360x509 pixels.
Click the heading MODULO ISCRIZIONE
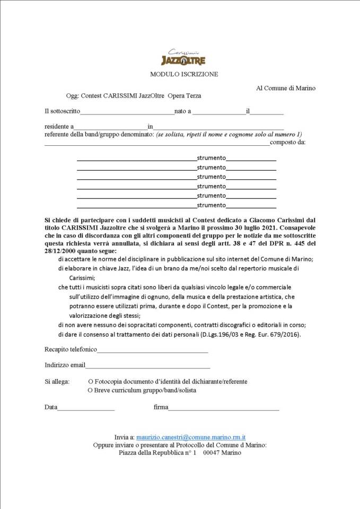tap(183, 74)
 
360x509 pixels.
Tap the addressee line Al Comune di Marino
tap(286, 88)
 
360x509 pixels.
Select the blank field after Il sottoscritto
tap(127, 112)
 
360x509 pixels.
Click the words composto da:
tap(287, 142)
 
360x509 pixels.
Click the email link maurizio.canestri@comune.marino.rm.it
tap(194, 437)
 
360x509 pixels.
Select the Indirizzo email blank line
tap(148, 366)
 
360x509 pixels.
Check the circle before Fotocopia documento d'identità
tap(91, 381)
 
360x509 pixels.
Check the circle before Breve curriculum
tap(91, 390)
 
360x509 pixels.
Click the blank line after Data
tap(86, 408)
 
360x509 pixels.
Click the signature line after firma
tap(223, 408)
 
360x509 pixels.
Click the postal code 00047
tap(212, 453)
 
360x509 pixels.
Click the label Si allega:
tap(57, 381)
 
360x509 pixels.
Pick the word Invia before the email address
tap(121, 437)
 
